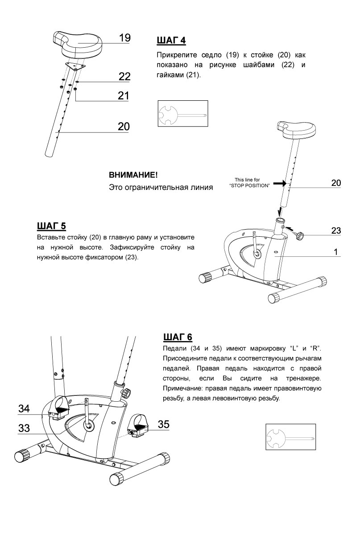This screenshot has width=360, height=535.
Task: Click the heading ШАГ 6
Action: pos(178,336)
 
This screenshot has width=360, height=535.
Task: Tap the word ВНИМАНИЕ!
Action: pos(133,175)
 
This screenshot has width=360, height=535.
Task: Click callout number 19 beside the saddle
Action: pos(124,38)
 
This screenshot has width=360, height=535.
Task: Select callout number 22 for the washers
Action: pos(124,77)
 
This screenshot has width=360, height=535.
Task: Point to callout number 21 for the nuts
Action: pos(124,95)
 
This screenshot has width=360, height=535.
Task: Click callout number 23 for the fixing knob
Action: pos(336,230)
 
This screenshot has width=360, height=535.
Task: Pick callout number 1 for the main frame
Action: pos(336,252)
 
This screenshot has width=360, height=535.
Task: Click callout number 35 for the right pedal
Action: pos(164,424)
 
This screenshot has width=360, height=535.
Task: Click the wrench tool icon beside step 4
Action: pos(183,114)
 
